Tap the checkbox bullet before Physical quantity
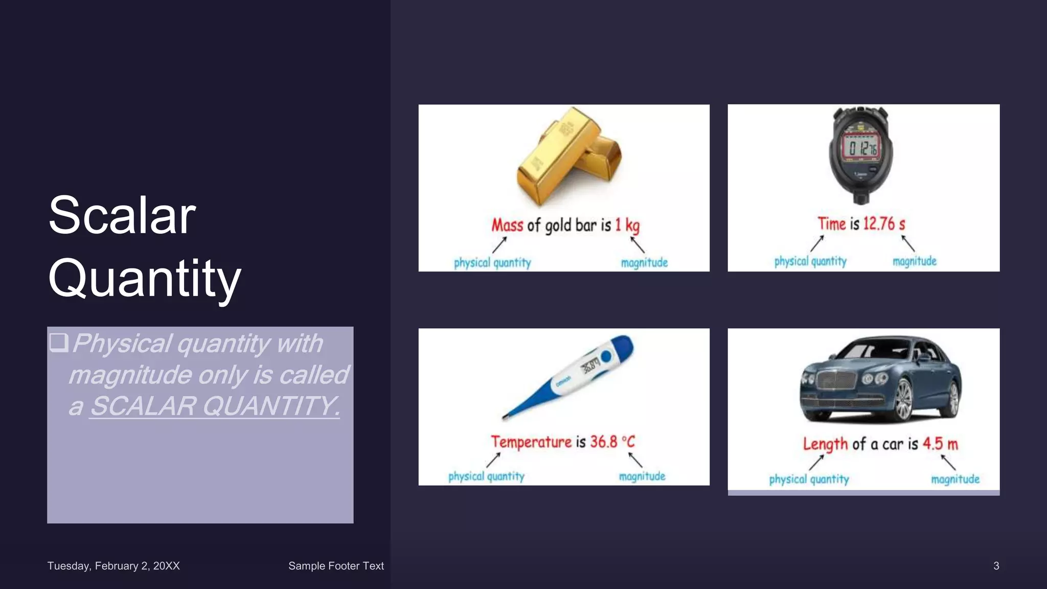(x=59, y=342)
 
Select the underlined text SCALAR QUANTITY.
(x=215, y=406)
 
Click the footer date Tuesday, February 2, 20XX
(x=113, y=566)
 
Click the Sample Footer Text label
(x=336, y=566)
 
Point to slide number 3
(x=996, y=566)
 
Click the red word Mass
(x=507, y=225)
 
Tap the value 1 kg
(x=627, y=225)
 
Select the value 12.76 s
(x=884, y=223)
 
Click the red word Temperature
(x=531, y=442)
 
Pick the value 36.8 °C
(x=612, y=442)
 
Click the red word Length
(x=825, y=444)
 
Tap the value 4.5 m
(x=940, y=444)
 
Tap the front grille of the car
(x=837, y=380)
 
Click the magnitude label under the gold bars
(x=644, y=263)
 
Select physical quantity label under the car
(x=809, y=480)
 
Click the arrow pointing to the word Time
(x=817, y=243)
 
